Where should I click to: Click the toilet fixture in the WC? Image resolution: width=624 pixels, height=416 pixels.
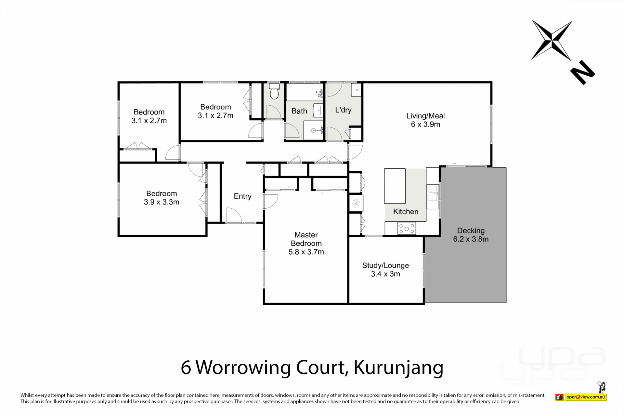pyautogui.click(x=274, y=91)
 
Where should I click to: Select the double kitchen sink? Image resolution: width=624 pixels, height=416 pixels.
pyautogui.click(x=433, y=192)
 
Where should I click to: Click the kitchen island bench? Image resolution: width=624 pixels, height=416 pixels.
pyautogui.click(x=395, y=186)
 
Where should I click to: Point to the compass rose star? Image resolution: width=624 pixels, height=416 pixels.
pyautogui.click(x=552, y=41)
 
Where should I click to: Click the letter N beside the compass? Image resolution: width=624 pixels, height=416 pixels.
pyautogui.click(x=582, y=72)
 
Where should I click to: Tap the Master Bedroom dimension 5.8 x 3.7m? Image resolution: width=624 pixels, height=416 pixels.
pyautogui.click(x=306, y=252)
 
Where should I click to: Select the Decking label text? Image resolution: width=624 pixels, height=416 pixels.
pyautogui.click(x=471, y=231)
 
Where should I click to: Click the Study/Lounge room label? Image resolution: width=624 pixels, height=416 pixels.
pyautogui.click(x=385, y=266)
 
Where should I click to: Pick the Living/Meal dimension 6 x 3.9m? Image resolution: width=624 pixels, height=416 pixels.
pyautogui.click(x=425, y=124)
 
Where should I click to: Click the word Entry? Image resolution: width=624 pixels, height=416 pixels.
pyautogui.click(x=242, y=196)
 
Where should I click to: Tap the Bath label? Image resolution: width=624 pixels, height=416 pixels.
pyautogui.click(x=299, y=111)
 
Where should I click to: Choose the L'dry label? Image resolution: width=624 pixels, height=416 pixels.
pyautogui.click(x=343, y=110)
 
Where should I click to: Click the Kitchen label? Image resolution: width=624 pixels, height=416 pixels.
pyautogui.click(x=406, y=212)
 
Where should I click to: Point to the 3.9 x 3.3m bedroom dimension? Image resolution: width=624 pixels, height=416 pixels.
pyautogui.click(x=162, y=202)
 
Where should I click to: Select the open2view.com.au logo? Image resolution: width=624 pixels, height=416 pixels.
pyautogui.click(x=581, y=397)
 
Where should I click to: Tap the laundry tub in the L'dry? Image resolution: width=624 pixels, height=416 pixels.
pyautogui.click(x=356, y=90)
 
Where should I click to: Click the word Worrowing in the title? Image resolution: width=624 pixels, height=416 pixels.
pyautogui.click(x=244, y=368)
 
